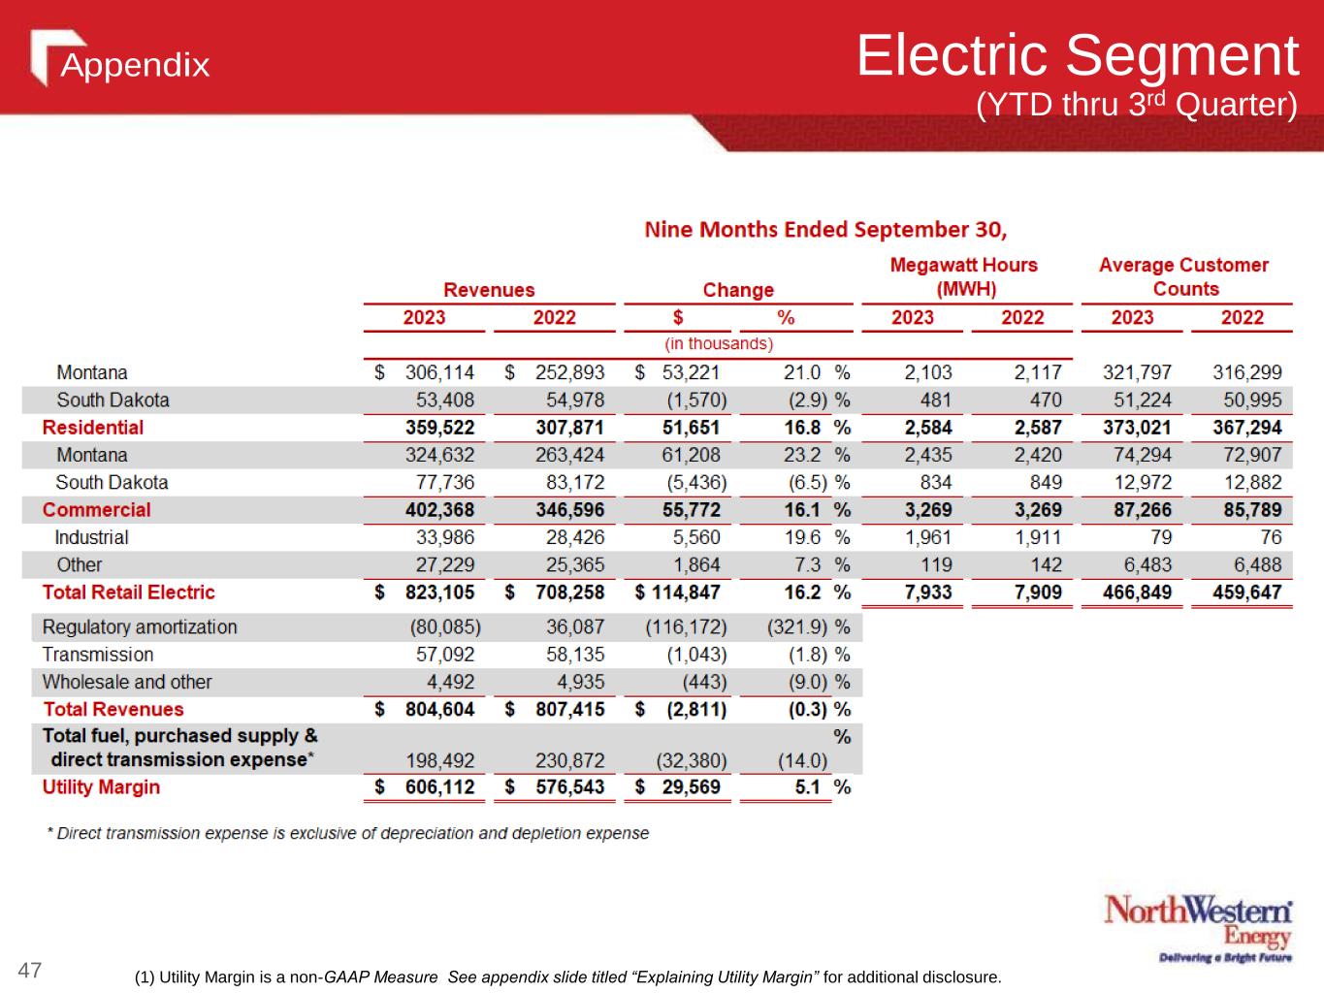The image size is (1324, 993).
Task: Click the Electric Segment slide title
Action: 1077,55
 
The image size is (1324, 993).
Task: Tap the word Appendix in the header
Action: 135,65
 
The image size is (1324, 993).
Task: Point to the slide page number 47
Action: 30,970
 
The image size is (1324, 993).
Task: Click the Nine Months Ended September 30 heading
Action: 825,230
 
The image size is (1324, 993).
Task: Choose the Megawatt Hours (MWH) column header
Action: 963,276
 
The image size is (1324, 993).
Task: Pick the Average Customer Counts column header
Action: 1183,276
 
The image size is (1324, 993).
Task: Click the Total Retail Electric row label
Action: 128,593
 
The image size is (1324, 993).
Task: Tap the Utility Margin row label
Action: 101,786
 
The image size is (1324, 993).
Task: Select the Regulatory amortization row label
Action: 140,627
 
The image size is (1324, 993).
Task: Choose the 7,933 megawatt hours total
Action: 928,593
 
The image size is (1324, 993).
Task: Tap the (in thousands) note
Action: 719,343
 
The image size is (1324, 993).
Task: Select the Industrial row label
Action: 91,537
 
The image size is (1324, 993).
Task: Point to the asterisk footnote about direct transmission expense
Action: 348,833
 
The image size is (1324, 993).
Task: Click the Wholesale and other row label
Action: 127,682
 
